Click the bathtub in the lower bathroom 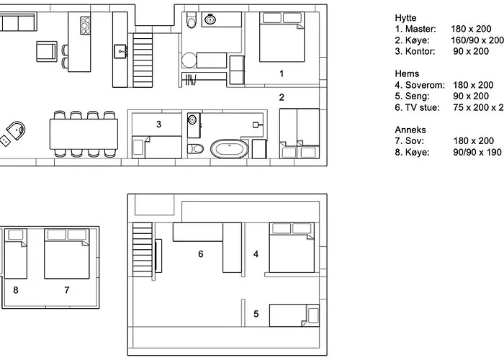pos(230,149)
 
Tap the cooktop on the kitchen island pos(86,26)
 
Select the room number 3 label pos(158,125)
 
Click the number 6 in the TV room pos(201,254)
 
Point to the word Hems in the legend pos(407,73)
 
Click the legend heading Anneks pos(410,130)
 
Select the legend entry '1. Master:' pos(415,29)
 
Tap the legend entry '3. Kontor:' pos(415,51)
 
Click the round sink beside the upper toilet pos(210,19)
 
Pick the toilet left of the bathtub pos(195,148)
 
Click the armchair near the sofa pos(47,51)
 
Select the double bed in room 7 pos(66,254)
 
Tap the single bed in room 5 pos(294,315)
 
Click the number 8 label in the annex pos(15,290)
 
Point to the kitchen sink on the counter pos(120,51)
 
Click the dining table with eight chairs pos(84,134)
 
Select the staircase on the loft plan pos(143,250)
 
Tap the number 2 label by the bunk pos(282,97)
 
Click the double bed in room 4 pos(292,248)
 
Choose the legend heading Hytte pos(405,18)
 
